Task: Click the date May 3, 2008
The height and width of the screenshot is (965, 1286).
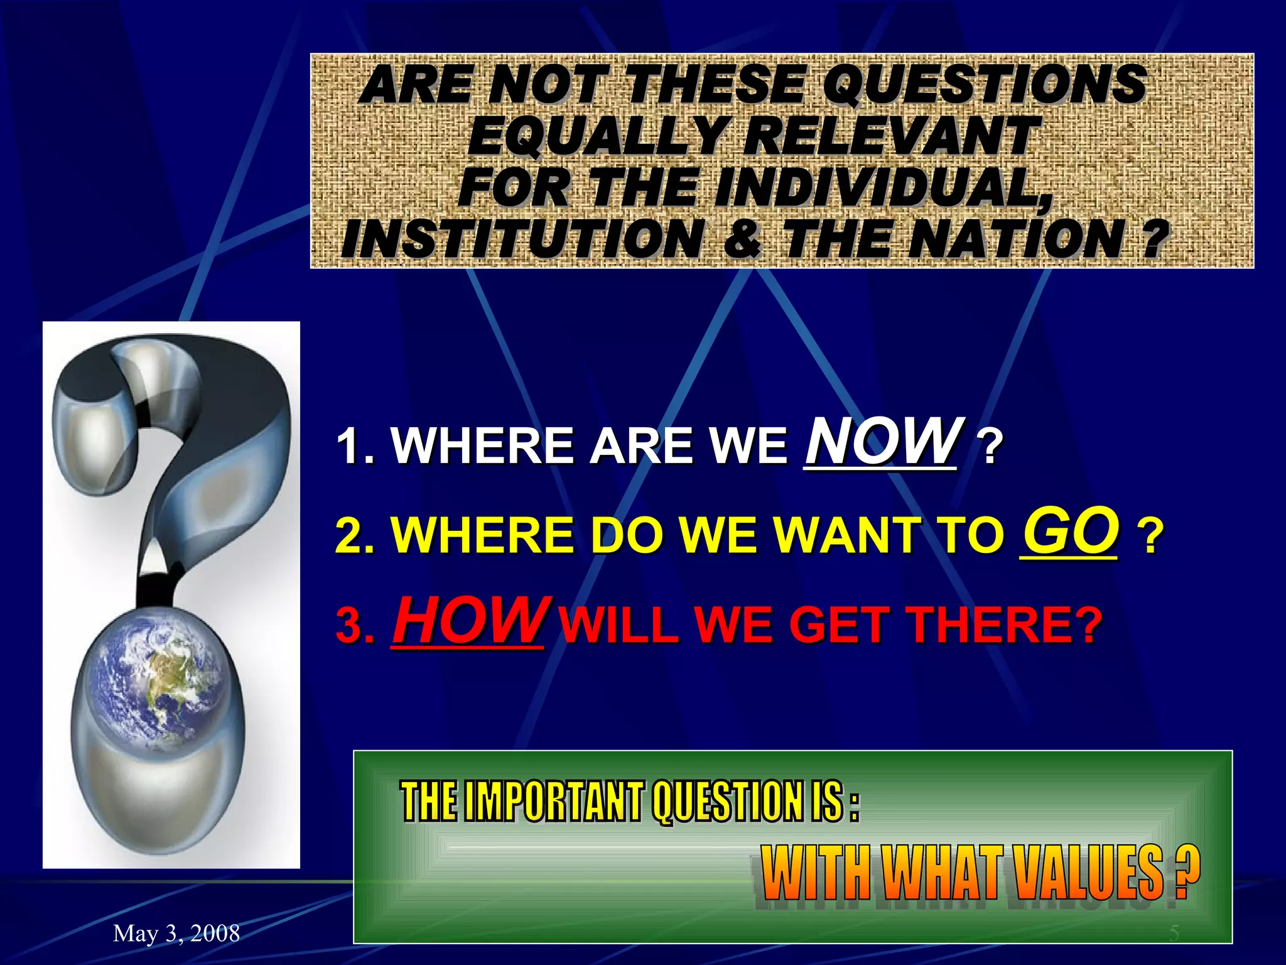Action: click(176, 934)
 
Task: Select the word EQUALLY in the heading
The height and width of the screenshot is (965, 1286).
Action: click(597, 137)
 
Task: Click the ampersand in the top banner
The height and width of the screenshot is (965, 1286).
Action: click(743, 239)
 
